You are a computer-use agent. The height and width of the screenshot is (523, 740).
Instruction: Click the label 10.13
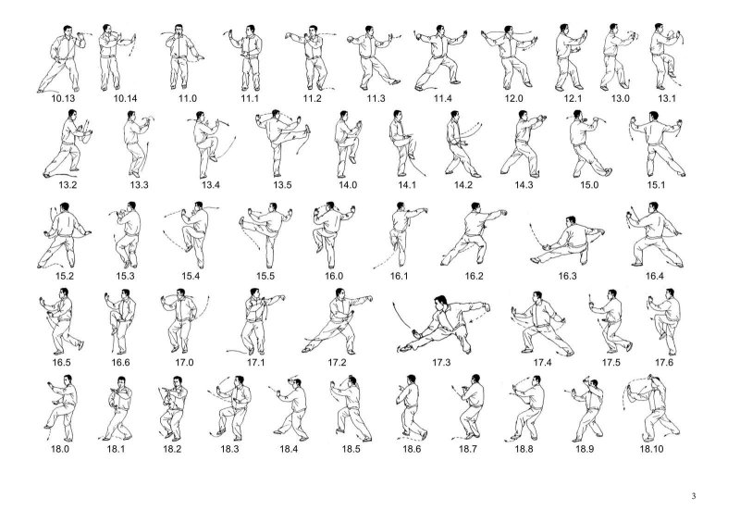(x=63, y=99)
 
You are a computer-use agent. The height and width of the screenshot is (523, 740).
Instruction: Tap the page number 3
(x=694, y=495)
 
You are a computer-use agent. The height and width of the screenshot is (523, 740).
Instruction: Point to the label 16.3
(x=567, y=276)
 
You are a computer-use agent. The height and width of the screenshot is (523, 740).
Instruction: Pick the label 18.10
(x=651, y=449)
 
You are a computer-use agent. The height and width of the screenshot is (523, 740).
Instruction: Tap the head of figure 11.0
(x=179, y=29)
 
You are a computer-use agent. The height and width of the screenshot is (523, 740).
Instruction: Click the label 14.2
(x=463, y=185)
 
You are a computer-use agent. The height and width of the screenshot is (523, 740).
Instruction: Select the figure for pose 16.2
(x=474, y=233)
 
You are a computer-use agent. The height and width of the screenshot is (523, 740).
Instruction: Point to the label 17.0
(x=184, y=362)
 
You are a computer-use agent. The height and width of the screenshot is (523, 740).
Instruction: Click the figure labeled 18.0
(x=61, y=408)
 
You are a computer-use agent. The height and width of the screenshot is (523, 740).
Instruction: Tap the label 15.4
(x=191, y=276)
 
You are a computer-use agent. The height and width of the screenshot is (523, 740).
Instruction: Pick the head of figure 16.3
(x=571, y=220)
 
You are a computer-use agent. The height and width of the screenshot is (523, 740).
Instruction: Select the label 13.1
(x=667, y=99)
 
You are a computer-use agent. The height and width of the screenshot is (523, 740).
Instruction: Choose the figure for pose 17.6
(x=664, y=322)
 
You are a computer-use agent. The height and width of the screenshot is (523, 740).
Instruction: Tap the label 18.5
(x=351, y=449)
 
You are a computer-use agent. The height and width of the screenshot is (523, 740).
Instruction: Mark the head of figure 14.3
(x=523, y=115)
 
